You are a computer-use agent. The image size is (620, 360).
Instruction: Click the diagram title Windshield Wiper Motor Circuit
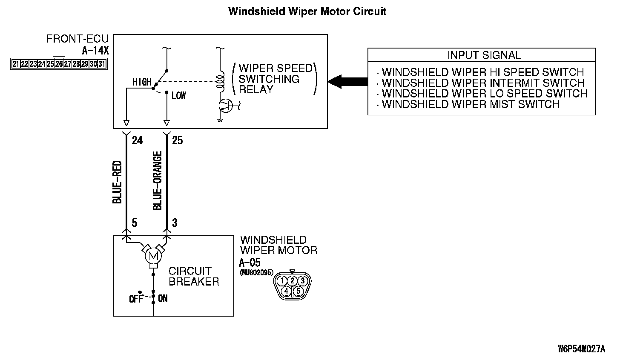click(307, 11)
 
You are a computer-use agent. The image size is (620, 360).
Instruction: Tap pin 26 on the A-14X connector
click(59, 64)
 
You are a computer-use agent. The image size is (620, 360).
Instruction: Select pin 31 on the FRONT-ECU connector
click(101, 64)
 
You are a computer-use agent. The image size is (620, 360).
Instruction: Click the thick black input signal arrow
click(348, 80)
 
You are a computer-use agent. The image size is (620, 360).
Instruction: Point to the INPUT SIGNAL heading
click(484, 55)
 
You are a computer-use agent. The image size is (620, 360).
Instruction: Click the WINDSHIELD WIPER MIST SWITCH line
click(470, 104)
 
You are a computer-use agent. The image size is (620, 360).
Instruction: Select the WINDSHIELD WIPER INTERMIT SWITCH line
click(482, 83)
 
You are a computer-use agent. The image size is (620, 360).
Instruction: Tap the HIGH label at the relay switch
click(142, 82)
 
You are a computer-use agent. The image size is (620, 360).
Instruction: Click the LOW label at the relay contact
click(178, 96)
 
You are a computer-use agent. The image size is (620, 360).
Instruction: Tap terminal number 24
click(137, 140)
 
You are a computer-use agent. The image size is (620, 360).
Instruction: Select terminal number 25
click(177, 140)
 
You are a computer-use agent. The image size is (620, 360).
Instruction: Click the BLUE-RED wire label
click(118, 182)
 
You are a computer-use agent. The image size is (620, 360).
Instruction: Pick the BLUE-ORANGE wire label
click(157, 180)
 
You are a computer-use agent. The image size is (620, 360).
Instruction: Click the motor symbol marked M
click(152, 256)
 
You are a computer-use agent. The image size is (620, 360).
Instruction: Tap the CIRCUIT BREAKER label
click(194, 276)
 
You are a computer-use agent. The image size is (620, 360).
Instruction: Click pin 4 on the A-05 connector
click(287, 291)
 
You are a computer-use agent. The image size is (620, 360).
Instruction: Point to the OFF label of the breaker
click(136, 299)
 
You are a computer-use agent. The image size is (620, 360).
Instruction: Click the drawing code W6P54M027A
click(581, 349)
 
